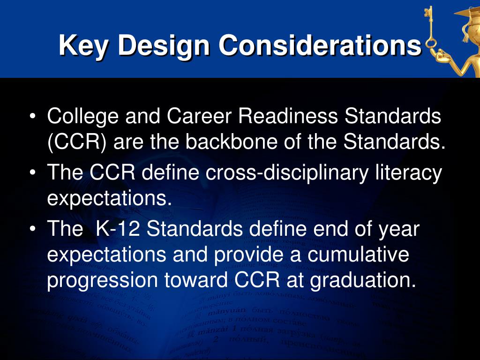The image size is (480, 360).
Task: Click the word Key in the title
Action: coord(84,45)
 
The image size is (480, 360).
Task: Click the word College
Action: coord(82,116)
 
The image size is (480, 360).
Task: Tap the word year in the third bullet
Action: coord(399,230)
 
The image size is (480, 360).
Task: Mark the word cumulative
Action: coord(356,255)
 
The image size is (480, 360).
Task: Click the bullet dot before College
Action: coord(32,117)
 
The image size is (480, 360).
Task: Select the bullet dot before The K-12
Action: coord(32,230)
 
